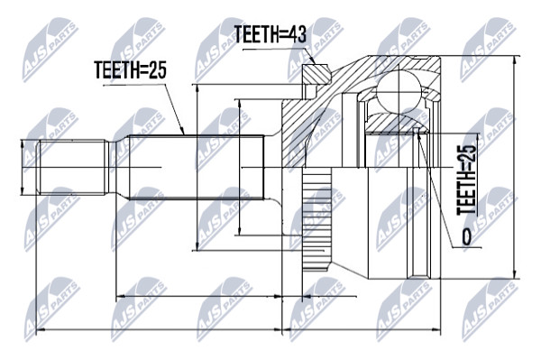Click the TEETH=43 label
(x=270, y=34)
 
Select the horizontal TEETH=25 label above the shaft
(x=130, y=70)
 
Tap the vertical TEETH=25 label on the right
(x=467, y=180)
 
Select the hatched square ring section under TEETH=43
(x=315, y=73)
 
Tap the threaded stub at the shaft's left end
(x=72, y=167)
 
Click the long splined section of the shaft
(x=196, y=167)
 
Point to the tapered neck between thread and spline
(x=119, y=167)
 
